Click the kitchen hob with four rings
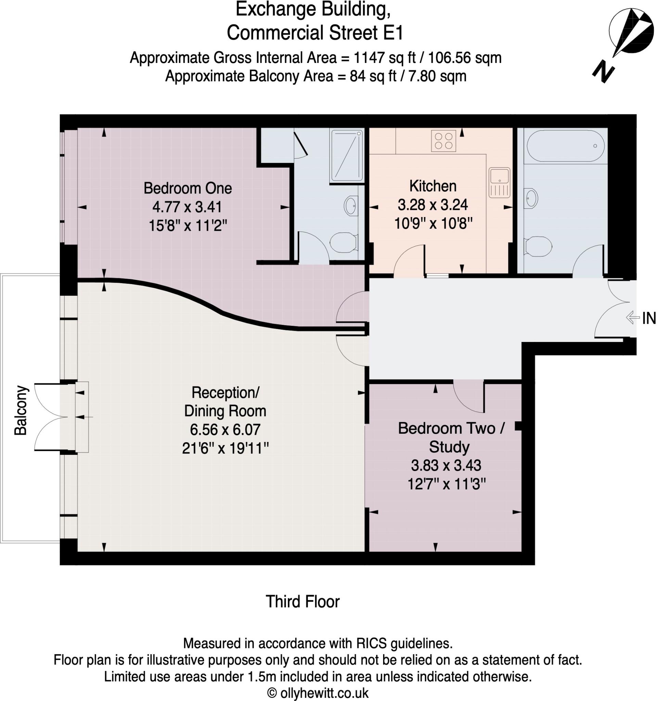[444, 141]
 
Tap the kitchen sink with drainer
[499, 182]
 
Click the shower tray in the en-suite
[346, 155]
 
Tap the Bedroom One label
[188, 188]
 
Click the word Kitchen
[433, 186]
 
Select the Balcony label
[21, 411]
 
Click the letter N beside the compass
[603, 73]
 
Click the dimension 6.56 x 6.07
[225, 430]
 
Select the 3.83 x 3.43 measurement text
[446, 466]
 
